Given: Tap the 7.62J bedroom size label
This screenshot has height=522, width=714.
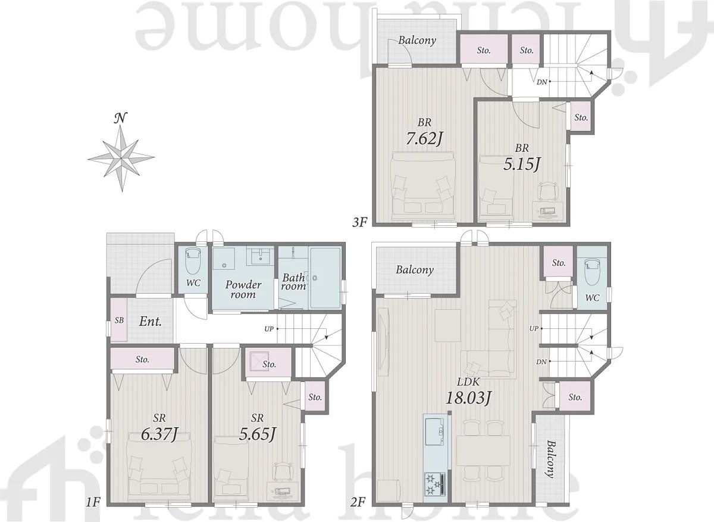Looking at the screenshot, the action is click(x=424, y=138).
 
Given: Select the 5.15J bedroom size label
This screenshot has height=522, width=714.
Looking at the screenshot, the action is click(x=521, y=164).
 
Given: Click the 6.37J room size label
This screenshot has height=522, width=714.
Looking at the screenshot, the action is click(x=159, y=434).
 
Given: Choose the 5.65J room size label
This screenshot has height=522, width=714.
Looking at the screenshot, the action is click(x=257, y=434).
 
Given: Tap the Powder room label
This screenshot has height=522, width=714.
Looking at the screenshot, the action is click(x=243, y=289).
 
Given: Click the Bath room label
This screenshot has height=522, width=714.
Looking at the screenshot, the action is click(x=293, y=282).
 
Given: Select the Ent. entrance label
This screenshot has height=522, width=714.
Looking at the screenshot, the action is click(x=151, y=322).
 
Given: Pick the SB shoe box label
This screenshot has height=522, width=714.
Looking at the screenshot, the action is click(x=119, y=320).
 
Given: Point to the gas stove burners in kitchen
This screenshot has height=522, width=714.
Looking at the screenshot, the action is click(x=434, y=484).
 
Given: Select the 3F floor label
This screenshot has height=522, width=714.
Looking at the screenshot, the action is click(x=359, y=222).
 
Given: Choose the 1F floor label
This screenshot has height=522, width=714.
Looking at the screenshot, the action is click(x=93, y=502).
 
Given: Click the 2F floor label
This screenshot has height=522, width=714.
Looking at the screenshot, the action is click(x=358, y=502).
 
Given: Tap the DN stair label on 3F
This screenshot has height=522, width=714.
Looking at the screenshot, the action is click(x=541, y=82).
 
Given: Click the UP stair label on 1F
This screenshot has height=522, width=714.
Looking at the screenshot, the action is click(x=269, y=329).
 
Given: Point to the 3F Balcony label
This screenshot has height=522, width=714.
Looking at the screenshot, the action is click(x=417, y=41).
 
